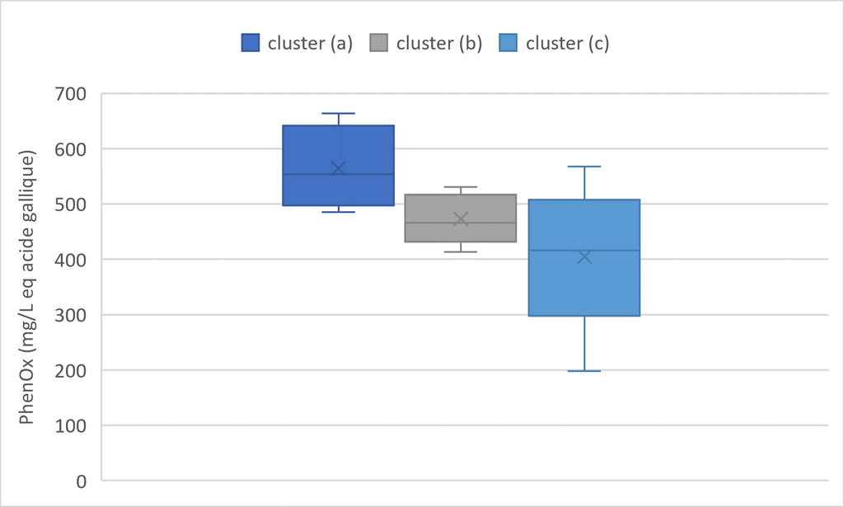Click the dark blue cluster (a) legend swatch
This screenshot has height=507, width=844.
[251, 43]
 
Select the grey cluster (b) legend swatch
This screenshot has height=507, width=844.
[379, 43]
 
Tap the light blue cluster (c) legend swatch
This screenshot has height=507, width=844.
[508, 43]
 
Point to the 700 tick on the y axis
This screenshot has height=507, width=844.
[71, 94]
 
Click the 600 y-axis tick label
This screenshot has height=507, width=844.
[71, 149]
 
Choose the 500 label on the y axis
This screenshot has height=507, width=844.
[71, 204]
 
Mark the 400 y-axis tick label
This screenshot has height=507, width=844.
[71, 260]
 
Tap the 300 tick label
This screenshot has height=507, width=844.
[71, 316]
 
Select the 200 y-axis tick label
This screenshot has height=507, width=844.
[71, 371]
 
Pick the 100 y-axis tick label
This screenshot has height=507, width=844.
[71, 425]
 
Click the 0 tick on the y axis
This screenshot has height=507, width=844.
[82, 481]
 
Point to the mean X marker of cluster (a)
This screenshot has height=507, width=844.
[339, 168]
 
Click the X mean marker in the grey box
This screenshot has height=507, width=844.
[461, 219]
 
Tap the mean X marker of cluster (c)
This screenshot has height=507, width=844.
[584, 257]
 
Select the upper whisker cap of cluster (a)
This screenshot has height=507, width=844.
[339, 114]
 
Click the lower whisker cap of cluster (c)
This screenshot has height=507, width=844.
[584, 371]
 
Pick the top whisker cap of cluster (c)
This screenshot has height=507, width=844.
[584, 167]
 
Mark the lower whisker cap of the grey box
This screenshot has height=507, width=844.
[461, 252]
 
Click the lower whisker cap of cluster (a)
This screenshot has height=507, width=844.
[339, 212]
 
